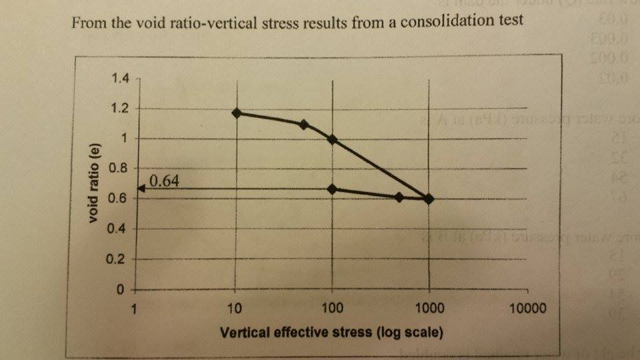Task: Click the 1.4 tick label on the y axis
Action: (121, 79)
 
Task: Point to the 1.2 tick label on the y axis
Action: (121, 109)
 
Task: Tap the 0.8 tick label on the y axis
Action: (121, 168)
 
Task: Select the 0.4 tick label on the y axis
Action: (121, 229)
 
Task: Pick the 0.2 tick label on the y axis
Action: (121, 259)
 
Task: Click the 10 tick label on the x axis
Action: (235, 308)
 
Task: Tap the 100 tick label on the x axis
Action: (331, 308)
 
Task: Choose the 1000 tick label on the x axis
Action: (428, 308)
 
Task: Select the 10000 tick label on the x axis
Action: (526, 308)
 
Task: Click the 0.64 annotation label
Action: (164, 181)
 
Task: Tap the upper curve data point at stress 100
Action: (332, 139)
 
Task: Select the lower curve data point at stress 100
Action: (332, 189)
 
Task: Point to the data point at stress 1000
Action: (429, 199)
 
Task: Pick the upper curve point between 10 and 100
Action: (304, 124)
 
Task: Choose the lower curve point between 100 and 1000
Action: (399, 197)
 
